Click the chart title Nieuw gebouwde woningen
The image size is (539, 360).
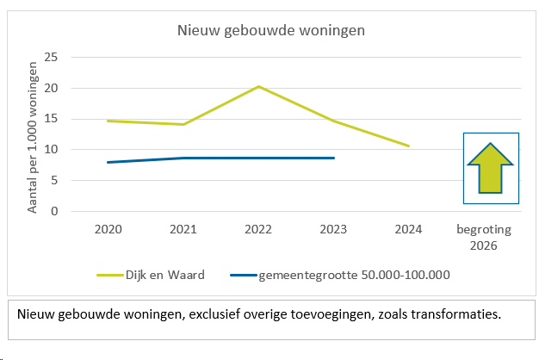271,31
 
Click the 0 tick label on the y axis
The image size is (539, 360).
54,211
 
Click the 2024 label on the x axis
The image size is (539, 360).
408,230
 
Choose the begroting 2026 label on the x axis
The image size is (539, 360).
484,237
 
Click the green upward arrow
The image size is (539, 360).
491,168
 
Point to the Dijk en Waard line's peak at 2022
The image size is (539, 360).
257,86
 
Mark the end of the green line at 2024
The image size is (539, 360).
408,146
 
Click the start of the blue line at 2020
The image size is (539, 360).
108,162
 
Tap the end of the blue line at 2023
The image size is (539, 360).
333,158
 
